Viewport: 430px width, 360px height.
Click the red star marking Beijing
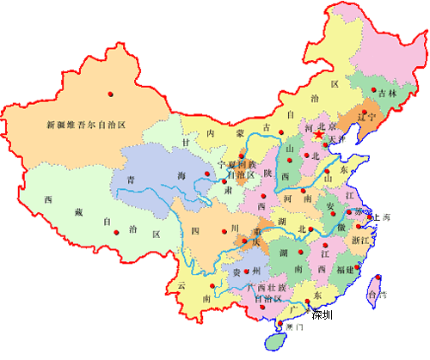[x=318, y=136]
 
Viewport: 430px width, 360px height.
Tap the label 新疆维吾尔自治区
[x=86, y=125]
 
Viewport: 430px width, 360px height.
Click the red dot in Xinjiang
[x=111, y=92]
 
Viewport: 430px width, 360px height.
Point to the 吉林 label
[x=388, y=93]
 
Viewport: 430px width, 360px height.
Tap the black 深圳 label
[x=322, y=314]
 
